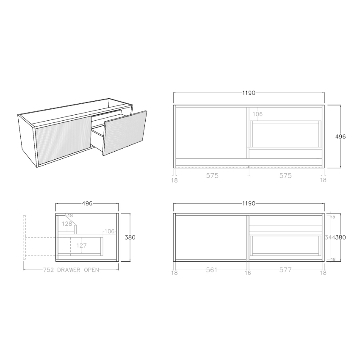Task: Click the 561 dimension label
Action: tap(211, 270)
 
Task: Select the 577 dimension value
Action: tap(285, 270)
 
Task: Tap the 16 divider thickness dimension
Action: tap(248, 273)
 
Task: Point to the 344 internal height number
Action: tap(329, 238)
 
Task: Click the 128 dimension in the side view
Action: tap(67, 224)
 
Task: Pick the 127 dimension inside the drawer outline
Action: tap(82, 245)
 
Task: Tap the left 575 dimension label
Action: tap(212, 176)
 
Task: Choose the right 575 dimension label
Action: tap(285, 176)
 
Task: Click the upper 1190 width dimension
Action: tap(249, 93)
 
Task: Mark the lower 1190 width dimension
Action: tap(249, 204)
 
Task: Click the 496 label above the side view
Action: tap(87, 204)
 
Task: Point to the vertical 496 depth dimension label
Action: tap(340, 136)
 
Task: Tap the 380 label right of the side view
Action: tap(130, 238)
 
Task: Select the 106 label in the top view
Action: tap(258, 114)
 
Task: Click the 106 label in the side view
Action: tap(110, 231)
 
